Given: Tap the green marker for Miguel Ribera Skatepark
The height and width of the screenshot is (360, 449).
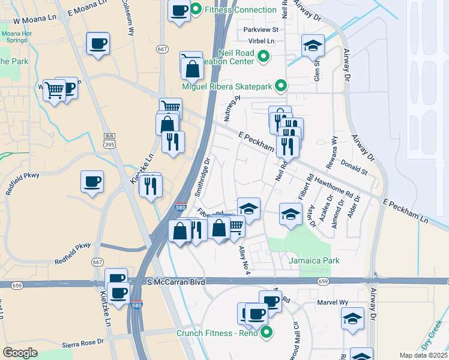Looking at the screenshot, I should [280, 86].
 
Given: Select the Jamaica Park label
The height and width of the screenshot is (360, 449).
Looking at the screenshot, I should [314, 260].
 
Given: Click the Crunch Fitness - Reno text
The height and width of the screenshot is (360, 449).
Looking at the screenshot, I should [216, 333].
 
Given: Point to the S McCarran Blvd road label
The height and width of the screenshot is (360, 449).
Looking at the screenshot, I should [176, 281].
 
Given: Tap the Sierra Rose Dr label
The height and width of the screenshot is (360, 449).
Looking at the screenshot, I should [83, 345].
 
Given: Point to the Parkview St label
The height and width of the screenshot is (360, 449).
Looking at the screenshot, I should [261, 29].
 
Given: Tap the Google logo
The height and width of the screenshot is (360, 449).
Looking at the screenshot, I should [20, 352].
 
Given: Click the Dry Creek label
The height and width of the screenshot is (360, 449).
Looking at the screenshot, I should [433, 335].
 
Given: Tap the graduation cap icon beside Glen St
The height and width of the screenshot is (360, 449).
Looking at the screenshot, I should [313, 45].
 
